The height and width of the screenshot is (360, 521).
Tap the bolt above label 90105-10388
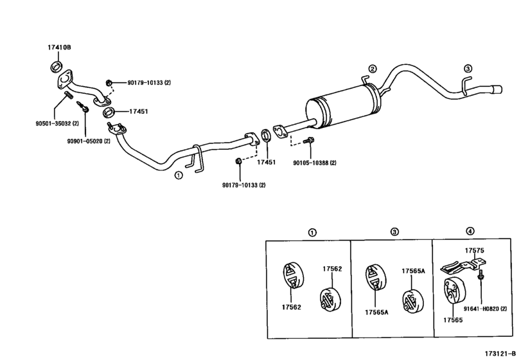click(x=311, y=140)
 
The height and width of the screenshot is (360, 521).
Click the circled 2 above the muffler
click(x=371, y=69)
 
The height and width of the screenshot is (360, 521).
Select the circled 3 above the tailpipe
click(x=468, y=69)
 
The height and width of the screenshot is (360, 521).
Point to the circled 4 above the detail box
click(x=470, y=231)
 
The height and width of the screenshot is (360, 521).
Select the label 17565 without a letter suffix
click(x=452, y=318)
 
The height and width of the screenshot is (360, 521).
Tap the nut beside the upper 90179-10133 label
click(x=109, y=82)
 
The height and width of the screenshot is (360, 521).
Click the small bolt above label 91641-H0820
click(x=481, y=274)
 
